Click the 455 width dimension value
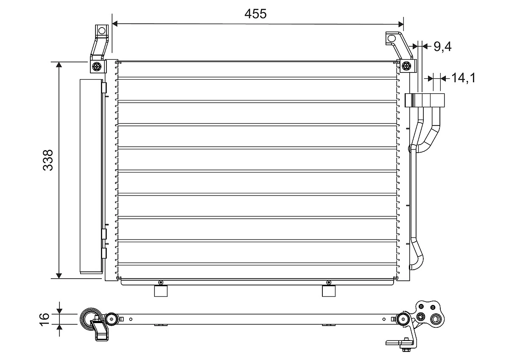pos(255,14)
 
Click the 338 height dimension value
pos(48,160)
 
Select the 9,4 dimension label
pos(442,46)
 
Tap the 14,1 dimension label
pos(463,78)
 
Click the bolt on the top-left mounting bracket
pos(98,66)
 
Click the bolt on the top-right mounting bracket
pos(406,66)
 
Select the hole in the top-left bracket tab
pos(101,31)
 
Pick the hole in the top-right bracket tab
pos(391,39)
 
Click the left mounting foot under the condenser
pos(161,291)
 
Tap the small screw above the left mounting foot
pos(160,283)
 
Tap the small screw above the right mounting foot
pos(329,283)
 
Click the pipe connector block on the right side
pos(425,100)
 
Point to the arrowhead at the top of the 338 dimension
pos(59,65)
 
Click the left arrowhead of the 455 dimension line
pos(115,24)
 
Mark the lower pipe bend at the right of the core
pos(418,254)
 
